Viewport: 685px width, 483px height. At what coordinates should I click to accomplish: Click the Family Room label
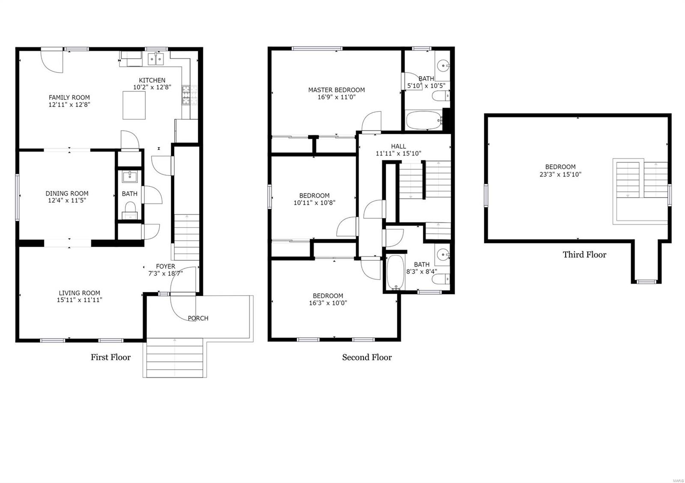coord(69,97)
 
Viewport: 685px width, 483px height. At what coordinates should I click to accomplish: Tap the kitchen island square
coord(137,106)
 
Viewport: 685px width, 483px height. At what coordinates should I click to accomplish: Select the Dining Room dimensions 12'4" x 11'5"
coord(67,200)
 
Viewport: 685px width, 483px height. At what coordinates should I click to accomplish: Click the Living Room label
coord(79,293)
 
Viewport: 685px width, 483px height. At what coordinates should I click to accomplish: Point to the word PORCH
coord(198,318)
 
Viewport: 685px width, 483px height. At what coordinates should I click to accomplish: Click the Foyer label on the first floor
coord(165,266)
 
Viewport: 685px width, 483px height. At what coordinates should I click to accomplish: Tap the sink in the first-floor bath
coord(129,177)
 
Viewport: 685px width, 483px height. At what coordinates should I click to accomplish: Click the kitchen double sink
coord(156,59)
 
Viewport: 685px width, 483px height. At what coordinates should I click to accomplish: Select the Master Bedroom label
coord(337,90)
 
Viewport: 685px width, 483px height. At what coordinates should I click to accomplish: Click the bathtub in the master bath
coord(423,121)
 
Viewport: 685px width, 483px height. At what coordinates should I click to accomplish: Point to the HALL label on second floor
coord(398,146)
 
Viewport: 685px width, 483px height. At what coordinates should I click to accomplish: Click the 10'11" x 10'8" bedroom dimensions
coord(314,203)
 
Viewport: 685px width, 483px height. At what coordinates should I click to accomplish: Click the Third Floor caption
coord(584,255)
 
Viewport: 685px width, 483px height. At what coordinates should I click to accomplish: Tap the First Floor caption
coord(110,357)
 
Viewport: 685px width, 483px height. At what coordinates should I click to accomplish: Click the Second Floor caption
coord(366,357)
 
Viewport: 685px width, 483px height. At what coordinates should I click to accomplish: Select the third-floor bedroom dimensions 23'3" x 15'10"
coord(560,174)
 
